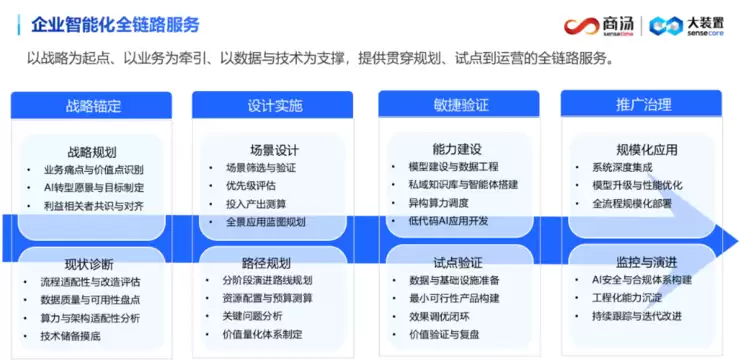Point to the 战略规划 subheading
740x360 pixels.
(x=91, y=151)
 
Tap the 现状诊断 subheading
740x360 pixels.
(x=91, y=264)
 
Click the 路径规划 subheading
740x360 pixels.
(x=272, y=263)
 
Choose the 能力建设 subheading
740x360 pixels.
(x=459, y=149)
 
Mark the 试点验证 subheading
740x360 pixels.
(x=459, y=263)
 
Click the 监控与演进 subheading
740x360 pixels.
(x=643, y=262)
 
